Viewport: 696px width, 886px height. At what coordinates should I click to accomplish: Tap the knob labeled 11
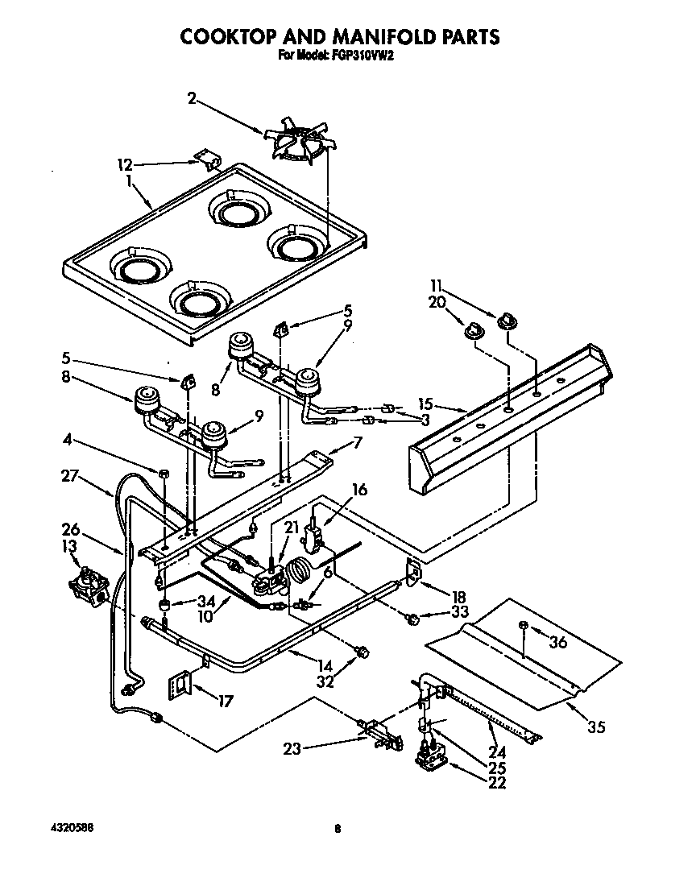tap(507, 321)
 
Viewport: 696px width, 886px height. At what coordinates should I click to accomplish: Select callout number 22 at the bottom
tap(497, 782)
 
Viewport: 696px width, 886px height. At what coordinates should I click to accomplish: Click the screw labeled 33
tap(412, 619)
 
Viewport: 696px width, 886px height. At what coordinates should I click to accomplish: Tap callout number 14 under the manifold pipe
tap(325, 666)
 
